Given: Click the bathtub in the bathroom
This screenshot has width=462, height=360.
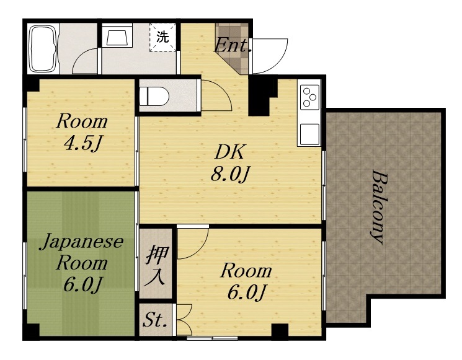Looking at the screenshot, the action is click(x=43, y=49).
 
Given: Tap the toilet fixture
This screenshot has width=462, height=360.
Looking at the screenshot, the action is click(x=154, y=96).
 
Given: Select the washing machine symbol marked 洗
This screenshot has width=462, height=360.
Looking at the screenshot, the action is click(x=162, y=37).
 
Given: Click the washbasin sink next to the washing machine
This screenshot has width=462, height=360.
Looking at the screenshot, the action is click(x=117, y=35).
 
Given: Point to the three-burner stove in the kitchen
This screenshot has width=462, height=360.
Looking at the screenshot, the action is click(x=309, y=97).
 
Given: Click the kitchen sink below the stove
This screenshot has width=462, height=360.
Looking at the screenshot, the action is click(x=309, y=134).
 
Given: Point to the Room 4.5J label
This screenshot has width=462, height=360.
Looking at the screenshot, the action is click(x=82, y=133).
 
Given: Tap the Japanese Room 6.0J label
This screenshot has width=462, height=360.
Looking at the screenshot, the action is click(x=81, y=263).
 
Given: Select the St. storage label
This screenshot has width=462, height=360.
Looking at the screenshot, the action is click(x=155, y=320).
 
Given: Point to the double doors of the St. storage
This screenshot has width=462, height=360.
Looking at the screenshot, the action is click(x=184, y=320).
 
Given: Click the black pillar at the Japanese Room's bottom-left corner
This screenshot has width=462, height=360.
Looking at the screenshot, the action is click(x=33, y=330).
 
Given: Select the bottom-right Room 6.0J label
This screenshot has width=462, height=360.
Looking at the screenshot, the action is click(x=246, y=281).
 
